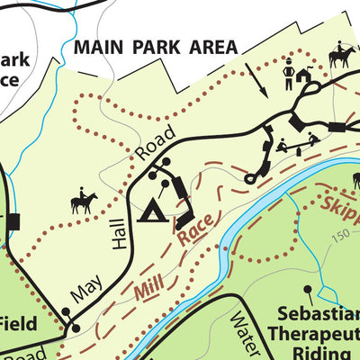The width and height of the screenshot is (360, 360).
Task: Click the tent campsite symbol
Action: (152, 211)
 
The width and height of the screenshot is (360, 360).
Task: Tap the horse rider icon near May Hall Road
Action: (83, 202)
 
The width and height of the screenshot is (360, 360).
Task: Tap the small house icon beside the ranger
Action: (306, 77)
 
